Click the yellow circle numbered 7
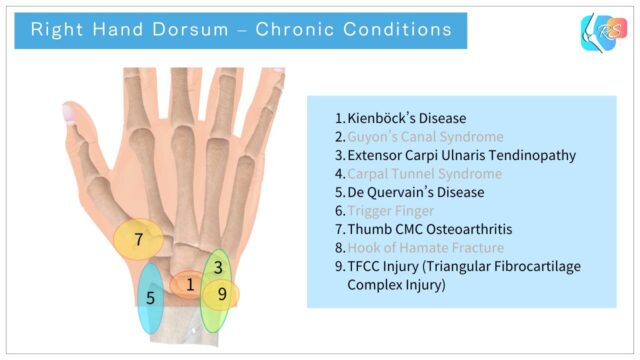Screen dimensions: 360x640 tap(138, 240)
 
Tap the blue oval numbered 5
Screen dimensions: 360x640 tap(150, 298)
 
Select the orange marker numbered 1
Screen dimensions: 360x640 tap(188, 286)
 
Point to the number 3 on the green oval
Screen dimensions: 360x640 tap(218, 267)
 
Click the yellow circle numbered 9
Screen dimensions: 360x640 tap(221, 295)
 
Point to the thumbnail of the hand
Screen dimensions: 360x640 tap(75, 112)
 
